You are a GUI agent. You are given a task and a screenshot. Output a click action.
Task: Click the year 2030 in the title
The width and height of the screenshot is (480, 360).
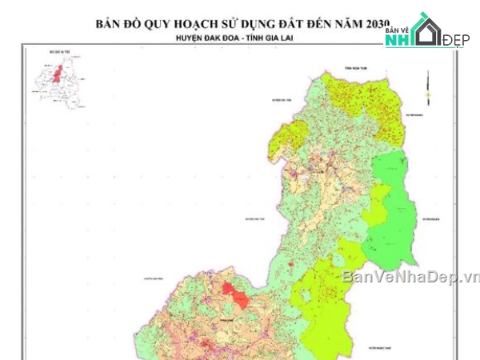pyautogui.click(x=373, y=24)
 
